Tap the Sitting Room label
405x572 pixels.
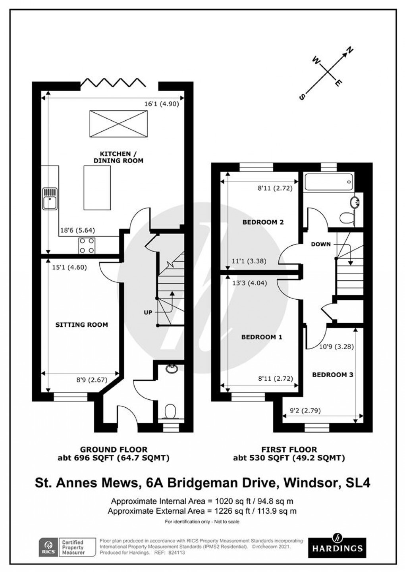[81, 325]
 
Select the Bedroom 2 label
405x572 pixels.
[263, 222]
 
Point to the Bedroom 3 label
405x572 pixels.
[332, 375]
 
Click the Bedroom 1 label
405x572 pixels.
[262, 337]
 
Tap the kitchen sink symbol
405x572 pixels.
[51, 198]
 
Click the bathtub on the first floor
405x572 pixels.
[328, 183]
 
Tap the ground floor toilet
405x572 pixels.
[171, 410]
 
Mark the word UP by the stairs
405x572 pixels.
[148, 313]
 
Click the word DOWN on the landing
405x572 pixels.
[321, 244]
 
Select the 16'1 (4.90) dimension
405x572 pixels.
[162, 104]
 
